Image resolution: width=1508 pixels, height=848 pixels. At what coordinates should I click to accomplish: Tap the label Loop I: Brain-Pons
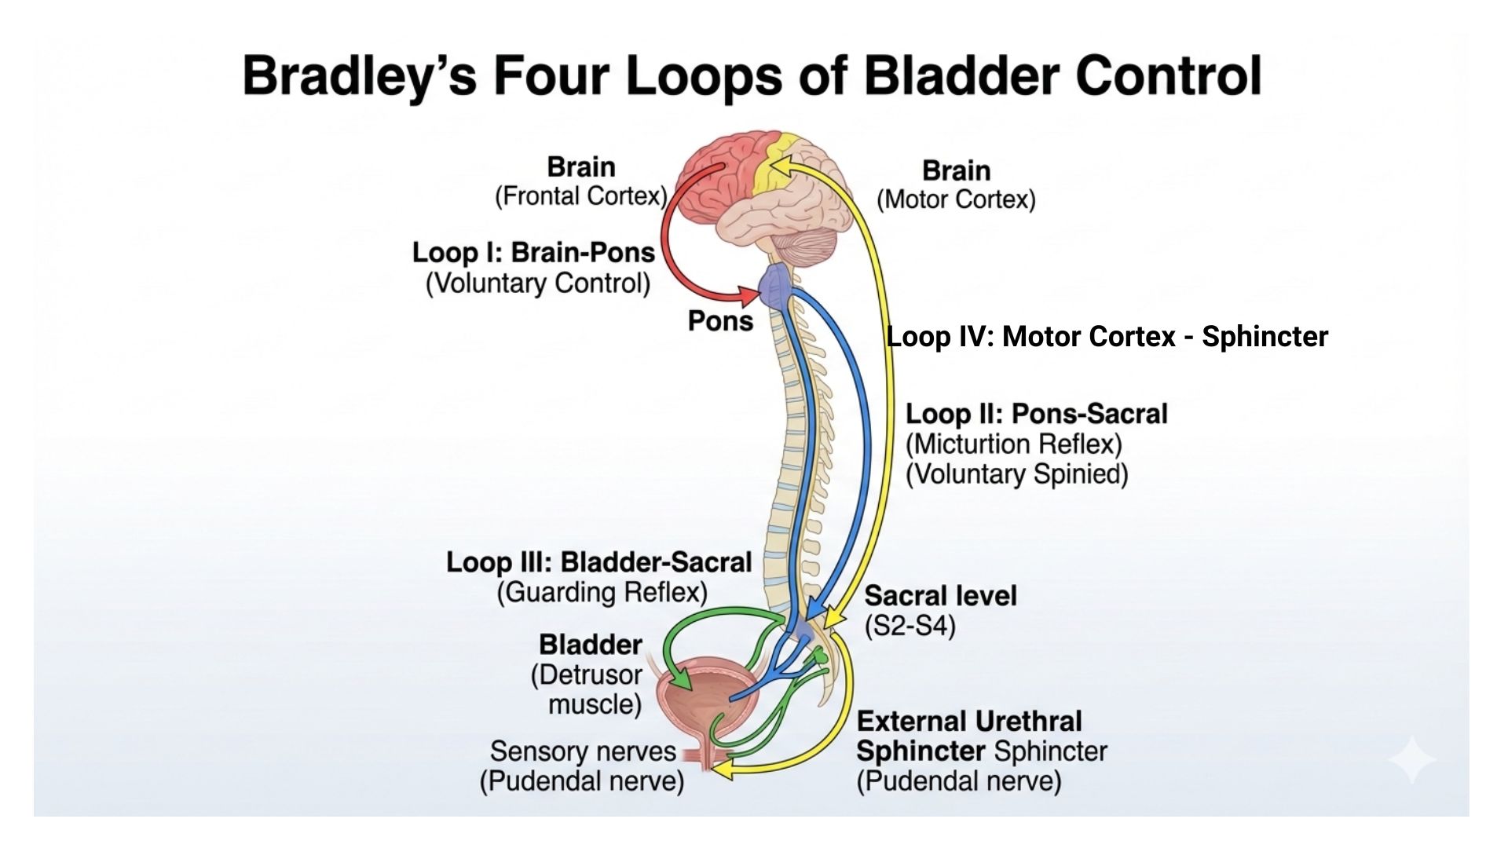pyautogui.click(x=533, y=253)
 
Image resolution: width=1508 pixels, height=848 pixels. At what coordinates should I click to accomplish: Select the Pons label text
pyautogui.click(x=720, y=321)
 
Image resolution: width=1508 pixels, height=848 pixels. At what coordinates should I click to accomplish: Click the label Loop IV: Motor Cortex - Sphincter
pyautogui.click(x=1107, y=337)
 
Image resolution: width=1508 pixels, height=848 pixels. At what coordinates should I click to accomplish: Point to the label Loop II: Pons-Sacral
pyautogui.click(x=1036, y=414)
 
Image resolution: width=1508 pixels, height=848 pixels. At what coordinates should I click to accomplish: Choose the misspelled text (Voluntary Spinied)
pyautogui.click(x=1016, y=474)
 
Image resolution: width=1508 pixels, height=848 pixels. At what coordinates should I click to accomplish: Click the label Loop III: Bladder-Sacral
pyautogui.click(x=598, y=562)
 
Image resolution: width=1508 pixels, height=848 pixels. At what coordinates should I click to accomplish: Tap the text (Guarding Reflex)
pyautogui.click(x=602, y=592)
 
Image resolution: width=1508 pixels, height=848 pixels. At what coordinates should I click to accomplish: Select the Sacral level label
pyautogui.click(x=940, y=596)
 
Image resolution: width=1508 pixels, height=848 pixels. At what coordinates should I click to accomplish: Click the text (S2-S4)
pyautogui.click(x=910, y=627)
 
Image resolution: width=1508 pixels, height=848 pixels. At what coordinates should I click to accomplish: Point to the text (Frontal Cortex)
pyautogui.click(x=580, y=196)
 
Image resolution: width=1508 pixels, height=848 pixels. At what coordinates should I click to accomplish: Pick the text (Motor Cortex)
pyautogui.click(x=956, y=200)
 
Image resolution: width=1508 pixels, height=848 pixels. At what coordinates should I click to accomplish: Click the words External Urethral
pyautogui.click(x=969, y=722)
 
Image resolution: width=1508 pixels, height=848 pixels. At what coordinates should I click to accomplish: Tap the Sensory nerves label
pyautogui.click(x=583, y=751)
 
